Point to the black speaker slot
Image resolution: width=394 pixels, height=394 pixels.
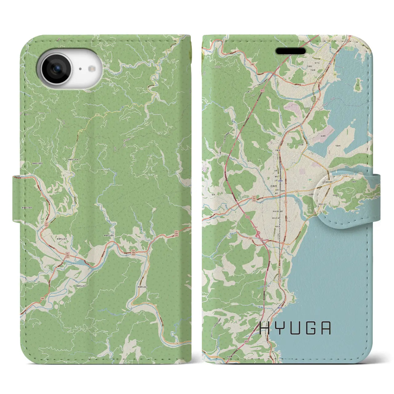click(x=290, y=51)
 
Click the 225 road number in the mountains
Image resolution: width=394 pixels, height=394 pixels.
click(x=98, y=115)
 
